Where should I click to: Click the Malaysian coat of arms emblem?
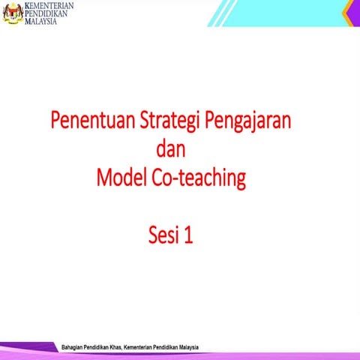pos(11,12)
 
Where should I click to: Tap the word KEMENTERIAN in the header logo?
pos(44,5)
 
